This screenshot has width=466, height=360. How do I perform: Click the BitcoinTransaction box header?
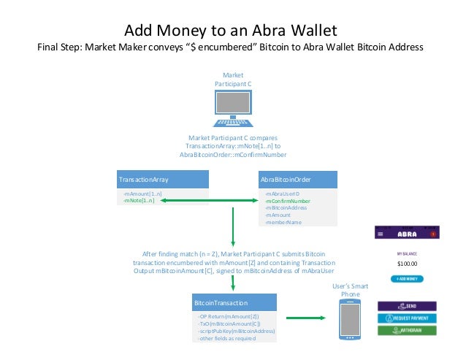coord(232,302)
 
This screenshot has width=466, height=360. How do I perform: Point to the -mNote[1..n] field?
coord(139,201)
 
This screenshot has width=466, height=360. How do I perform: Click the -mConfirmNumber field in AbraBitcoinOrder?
coord(288,201)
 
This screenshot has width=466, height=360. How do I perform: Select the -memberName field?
coord(284,223)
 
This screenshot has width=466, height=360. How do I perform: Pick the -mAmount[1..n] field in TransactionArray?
coord(142,194)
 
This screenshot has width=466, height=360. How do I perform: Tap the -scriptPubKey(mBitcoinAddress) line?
coord(236,332)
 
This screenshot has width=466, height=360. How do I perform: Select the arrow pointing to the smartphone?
coord(306,318)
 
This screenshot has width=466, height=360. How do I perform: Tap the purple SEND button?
coord(406,306)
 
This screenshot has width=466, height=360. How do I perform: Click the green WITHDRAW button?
coord(406,330)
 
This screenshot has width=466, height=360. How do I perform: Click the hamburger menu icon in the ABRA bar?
coord(382,234)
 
